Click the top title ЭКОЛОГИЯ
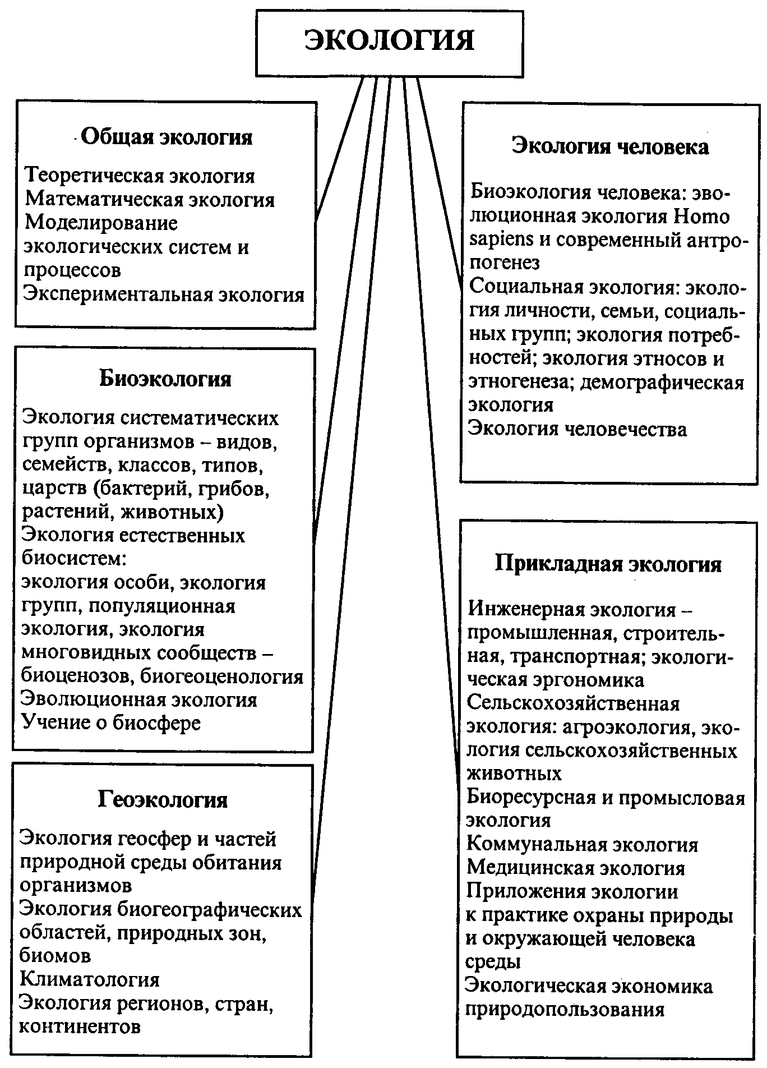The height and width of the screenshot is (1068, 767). [x=389, y=41]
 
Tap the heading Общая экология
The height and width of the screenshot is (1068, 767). [x=167, y=137]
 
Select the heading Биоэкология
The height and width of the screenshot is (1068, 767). [x=165, y=379]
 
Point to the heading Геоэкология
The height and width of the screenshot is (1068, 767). [x=163, y=799]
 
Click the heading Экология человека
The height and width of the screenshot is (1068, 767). [x=611, y=146]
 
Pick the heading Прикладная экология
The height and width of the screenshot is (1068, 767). [x=608, y=564]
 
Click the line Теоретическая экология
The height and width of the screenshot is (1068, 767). [x=140, y=176]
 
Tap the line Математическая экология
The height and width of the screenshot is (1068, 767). [x=150, y=200]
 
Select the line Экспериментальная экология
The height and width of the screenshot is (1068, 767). [x=164, y=294]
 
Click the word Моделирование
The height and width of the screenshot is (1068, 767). [x=101, y=223]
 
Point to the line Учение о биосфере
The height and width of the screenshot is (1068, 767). [x=111, y=722]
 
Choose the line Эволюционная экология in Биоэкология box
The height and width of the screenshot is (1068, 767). [x=139, y=699]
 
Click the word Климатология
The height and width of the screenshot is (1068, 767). [x=90, y=979]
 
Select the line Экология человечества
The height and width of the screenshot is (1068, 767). [x=577, y=429]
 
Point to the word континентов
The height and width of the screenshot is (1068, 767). [x=80, y=1026]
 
